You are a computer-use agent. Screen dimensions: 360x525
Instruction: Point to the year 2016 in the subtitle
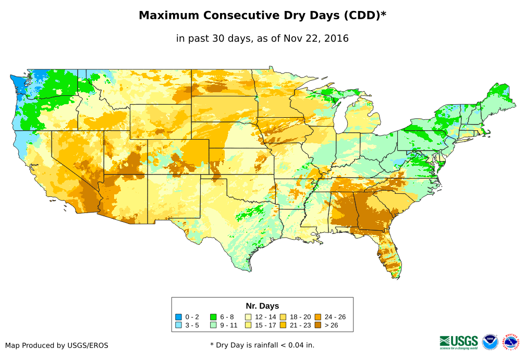click(335, 39)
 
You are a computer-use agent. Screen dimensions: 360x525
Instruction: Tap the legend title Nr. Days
click(262, 306)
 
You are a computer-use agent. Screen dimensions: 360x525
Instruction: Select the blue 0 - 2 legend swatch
click(179, 317)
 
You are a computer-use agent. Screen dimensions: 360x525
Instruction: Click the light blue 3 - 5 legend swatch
click(179, 325)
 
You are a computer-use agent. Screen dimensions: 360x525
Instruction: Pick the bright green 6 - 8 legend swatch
click(213, 317)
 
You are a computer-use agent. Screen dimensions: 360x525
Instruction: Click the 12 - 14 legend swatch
click(248, 317)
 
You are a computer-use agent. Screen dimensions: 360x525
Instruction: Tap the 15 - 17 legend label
click(265, 325)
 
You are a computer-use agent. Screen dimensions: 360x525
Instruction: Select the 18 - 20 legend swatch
click(283, 317)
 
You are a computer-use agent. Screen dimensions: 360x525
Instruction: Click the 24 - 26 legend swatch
click(318, 317)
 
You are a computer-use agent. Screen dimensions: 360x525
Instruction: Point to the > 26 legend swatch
click(318, 325)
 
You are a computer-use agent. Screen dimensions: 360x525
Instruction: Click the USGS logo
click(459, 342)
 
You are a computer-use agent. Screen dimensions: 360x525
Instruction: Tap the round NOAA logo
click(490, 342)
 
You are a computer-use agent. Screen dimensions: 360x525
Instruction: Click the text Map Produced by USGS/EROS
click(57, 345)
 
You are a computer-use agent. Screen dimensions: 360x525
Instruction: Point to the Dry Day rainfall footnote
click(262, 345)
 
